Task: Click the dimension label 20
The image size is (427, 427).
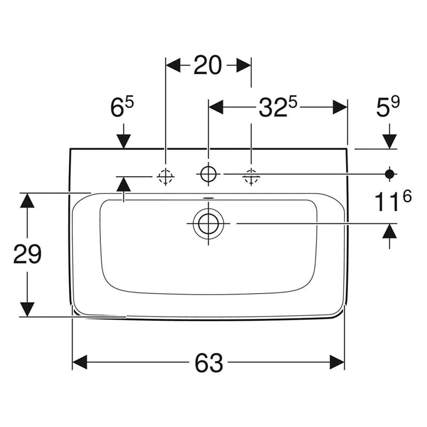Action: pos(208,65)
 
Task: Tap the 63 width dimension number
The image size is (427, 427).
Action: pos(209,363)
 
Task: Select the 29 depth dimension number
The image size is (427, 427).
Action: pos(27,254)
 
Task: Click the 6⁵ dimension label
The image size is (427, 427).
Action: pos(122,107)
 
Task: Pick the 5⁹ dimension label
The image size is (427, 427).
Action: pos(388,107)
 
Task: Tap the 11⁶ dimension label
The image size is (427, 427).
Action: pos(393,202)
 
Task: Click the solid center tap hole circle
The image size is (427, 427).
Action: pos(208,174)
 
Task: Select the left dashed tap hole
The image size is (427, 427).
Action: pos(165,177)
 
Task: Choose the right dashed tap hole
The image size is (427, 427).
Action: pos(251,177)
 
